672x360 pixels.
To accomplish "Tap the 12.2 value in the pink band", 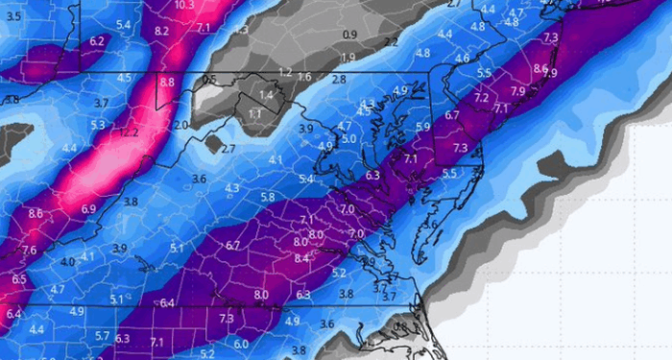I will [131, 132].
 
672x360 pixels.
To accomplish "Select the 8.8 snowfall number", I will [167, 83].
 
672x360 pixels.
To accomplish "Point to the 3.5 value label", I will [12, 16].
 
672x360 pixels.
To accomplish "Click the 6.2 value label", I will [97, 41].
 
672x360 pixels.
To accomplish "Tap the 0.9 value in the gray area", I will [349, 36].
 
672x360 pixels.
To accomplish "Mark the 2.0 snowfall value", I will [180, 126].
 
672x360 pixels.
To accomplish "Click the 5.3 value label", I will [97, 125].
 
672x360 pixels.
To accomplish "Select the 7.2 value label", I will [481, 98].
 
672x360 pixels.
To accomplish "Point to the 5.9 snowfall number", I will [423, 126].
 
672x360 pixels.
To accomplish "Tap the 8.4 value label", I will [301, 258].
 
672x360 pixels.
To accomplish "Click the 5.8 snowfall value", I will [268, 197].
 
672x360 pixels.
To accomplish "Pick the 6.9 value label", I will [88, 208].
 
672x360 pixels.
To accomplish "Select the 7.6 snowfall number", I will [29, 251].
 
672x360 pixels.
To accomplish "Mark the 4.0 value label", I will [67, 261].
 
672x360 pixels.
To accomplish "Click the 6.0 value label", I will [241, 344].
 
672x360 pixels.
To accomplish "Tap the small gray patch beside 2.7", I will [211, 144].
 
